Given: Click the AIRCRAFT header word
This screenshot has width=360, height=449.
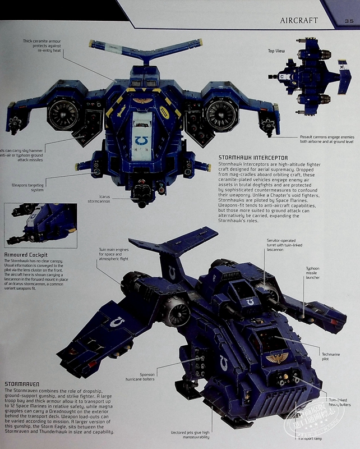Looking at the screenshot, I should (299, 21).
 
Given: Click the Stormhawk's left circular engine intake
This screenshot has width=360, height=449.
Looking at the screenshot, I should (63, 114).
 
